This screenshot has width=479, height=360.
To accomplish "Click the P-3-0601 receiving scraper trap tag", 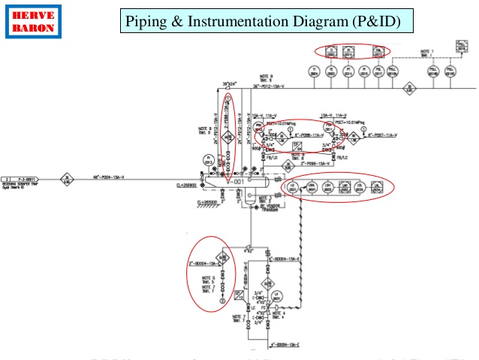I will pyautogui.click(x=22, y=180).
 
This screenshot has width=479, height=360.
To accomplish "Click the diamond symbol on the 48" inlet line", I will pyautogui.click(x=66, y=180).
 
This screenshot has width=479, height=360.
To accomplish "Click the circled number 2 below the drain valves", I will pyautogui.click(x=222, y=301).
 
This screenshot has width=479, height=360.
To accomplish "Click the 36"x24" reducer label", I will pyautogui.click(x=229, y=83).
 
